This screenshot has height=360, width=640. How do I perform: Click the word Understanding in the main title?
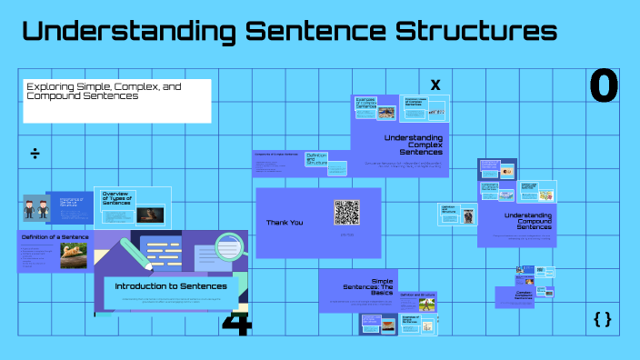coord(123,32)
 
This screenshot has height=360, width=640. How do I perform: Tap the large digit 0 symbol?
coord(604,86)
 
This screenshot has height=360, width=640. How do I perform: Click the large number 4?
coord(236,323)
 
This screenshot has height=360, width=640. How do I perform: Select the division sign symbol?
coord(35,153)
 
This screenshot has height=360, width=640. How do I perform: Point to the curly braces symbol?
coord(602,318)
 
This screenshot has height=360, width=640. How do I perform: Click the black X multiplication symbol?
coord(435,85)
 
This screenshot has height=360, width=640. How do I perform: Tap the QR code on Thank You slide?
coord(346,212)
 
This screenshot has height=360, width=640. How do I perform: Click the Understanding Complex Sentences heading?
coord(414,145)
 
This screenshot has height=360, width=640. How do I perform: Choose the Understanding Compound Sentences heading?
coord(528,221)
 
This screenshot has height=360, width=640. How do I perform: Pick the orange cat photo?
coord(74,255)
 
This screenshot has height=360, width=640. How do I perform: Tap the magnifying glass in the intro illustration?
coord(229,245)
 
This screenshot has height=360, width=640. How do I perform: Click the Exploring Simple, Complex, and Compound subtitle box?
coord(116,100)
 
